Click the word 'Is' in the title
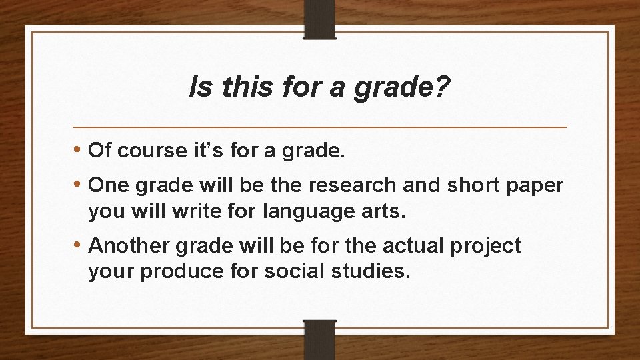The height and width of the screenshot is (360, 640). coord(198,86)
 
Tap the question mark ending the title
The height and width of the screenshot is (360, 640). coord(443,86)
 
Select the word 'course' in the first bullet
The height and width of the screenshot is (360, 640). coord(147,151)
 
